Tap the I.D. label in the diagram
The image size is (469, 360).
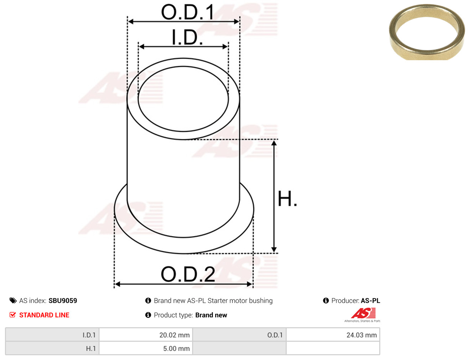[x=187, y=37]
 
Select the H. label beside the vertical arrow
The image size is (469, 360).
[x=287, y=199]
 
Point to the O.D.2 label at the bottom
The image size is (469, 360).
[x=188, y=274]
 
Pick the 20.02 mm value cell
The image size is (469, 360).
[x=146, y=335]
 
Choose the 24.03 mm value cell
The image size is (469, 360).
[x=333, y=335]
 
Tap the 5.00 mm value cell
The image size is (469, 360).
[x=146, y=348]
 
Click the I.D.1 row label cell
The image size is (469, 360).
[x=52, y=335]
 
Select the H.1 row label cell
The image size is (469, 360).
[x=52, y=348]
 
